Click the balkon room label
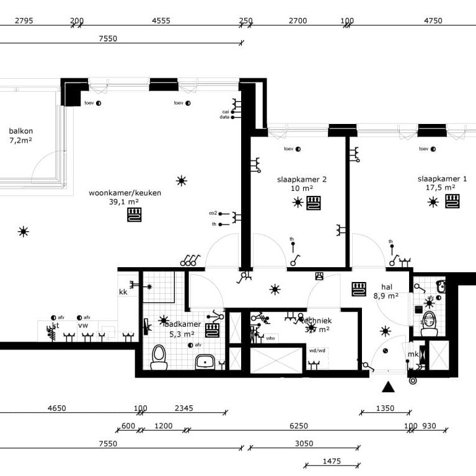(x=20, y=131)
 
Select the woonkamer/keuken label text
(x=125, y=193)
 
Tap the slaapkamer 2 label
(x=301, y=179)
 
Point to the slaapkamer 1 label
(x=442, y=178)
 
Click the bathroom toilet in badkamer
(x=159, y=358)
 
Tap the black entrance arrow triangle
(x=388, y=387)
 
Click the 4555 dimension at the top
(x=161, y=20)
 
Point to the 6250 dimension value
(x=299, y=426)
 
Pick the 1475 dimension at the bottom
(x=332, y=461)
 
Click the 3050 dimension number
(x=304, y=443)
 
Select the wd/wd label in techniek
(x=317, y=350)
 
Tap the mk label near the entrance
(x=412, y=355)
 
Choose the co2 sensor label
(x=213, y=213)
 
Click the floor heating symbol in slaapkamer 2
(x=314, y=203)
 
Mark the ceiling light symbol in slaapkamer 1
(x=433, y=202)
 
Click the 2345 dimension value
(x=184, y=408)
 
